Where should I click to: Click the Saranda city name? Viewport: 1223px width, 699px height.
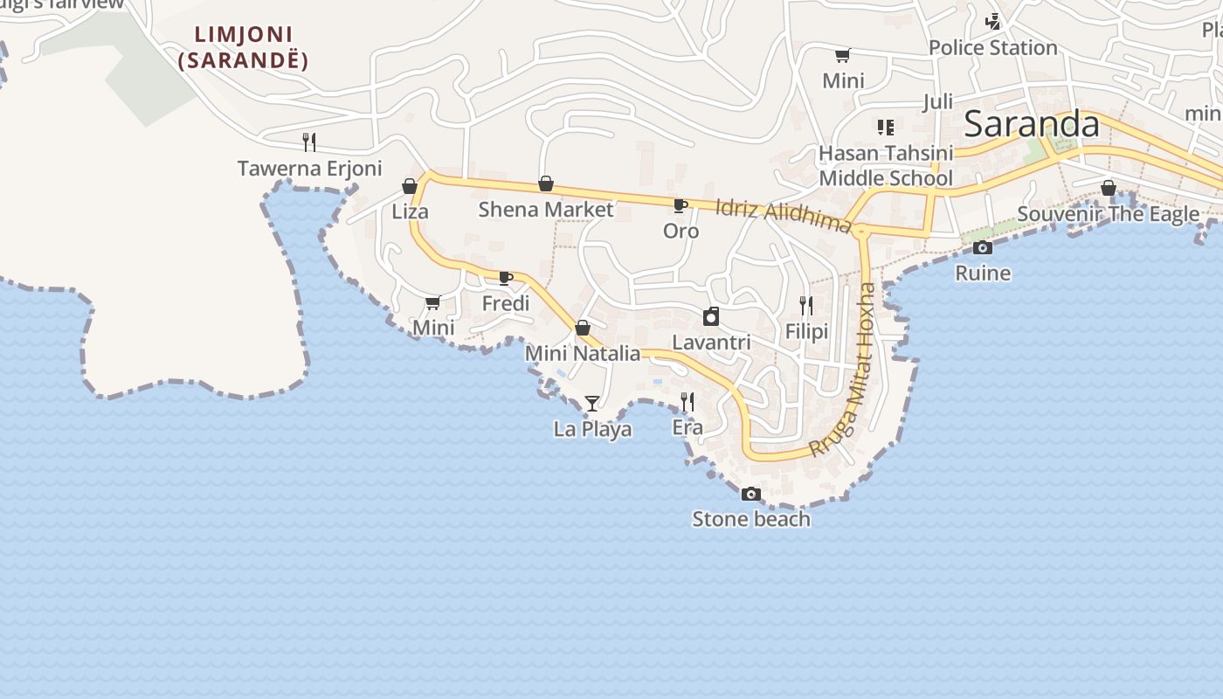(x=1032, y=124)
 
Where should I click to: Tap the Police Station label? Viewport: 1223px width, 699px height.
(x=992, y=48)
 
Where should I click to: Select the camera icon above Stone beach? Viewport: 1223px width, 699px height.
(x=750, y=495)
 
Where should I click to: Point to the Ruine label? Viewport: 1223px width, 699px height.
(x=983, y=273)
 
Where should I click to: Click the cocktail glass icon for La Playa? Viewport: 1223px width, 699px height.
(x=592, y=403)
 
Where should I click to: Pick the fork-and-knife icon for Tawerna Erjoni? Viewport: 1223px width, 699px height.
(x=309, y=142)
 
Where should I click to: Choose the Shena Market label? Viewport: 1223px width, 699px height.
(x=546, y=210)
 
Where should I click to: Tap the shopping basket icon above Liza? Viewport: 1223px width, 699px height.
(x=410, y=186)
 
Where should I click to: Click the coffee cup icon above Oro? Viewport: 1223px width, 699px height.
(x=680, y=206)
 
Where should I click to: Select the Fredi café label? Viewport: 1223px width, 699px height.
(x=506, y=304)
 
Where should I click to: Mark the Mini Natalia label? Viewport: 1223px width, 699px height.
(x=583, y=354)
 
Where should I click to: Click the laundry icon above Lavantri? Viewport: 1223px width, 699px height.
(x=711, y=316)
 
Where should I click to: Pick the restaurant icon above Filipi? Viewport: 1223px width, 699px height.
(x=806, y=306)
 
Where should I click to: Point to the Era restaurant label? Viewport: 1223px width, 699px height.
(x=688, y=428)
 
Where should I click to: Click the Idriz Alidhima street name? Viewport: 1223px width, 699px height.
(x=783, y=216)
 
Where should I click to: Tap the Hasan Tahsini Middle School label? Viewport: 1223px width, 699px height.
(x=885, y=166)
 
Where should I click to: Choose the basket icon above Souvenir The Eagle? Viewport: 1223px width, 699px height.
(x=1109, y=188)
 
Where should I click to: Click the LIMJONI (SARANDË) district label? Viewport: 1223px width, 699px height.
(x=243, y=48)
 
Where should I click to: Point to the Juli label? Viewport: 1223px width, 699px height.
(x=937, y=102)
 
